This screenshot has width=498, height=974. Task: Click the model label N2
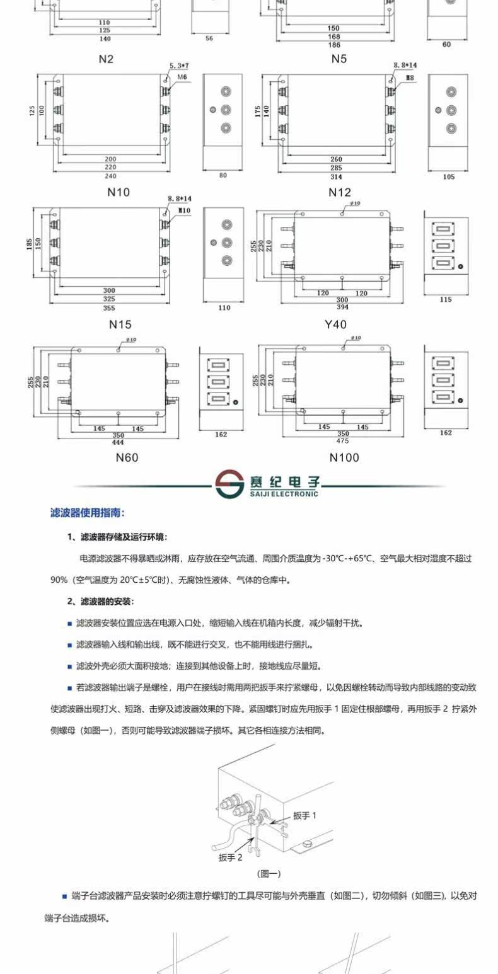[x=106, y=59]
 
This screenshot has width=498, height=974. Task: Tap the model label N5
[x=339, y=59]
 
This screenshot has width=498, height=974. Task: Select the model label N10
[x=119, y=192]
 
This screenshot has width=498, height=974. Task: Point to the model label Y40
[x=335, y=325]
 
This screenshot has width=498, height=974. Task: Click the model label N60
[x=127, y=457]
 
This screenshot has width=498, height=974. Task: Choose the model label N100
[x=344, y=457]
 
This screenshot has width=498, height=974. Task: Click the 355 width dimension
[x=109, y=309]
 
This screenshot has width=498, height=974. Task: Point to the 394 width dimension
[x=342, y=307]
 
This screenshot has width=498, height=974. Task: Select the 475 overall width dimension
[x=343, y=441]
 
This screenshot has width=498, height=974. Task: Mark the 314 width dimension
[x=335, y=176]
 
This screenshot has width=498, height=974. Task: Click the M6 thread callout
[x=183, y=77]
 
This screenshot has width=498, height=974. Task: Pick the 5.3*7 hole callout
[x=180, y=66]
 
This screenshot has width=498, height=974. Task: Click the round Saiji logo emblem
[x=228, y=483]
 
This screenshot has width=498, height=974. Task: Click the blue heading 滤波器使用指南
[x=87, y=513]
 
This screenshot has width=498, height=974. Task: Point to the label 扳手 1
[x=304, y=815]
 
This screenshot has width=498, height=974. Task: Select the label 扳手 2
[x=230, y=857]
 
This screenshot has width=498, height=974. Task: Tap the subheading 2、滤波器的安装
[x=100, y=602]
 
